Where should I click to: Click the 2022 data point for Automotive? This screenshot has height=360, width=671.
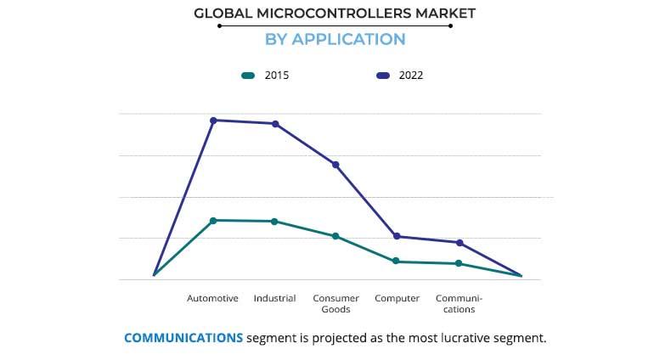coord(213,121)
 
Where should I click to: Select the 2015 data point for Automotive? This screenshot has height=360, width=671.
coord(213,221)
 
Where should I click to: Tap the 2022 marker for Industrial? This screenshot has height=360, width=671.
coord(274,124)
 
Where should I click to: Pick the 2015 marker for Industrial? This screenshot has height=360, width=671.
coord(274,222)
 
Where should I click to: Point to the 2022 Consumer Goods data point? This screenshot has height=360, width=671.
coord(335,165)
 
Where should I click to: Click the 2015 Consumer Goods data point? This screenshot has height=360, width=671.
coord(335,236)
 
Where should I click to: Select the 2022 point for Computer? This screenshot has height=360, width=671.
coord(397,236)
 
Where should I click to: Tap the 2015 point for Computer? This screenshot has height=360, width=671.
coord(397,262)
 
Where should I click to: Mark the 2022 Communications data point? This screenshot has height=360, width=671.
coord(460,243)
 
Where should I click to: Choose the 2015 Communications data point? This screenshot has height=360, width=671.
coord(459,263)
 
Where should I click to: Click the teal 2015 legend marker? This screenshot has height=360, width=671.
coord(248,76)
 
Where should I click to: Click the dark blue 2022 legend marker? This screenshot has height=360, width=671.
coord(383,76)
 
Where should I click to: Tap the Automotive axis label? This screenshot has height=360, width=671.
coord(212,298)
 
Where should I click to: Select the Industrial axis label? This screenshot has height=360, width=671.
coord(274,298)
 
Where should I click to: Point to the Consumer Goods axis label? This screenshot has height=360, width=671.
coord(335,304)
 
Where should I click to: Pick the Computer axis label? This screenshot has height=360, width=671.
coord(397,298)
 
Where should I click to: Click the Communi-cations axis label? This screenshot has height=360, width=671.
coord(459,304)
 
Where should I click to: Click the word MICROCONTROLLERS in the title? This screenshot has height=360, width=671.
coord(335,13)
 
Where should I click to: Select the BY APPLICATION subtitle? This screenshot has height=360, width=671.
coord(335,39)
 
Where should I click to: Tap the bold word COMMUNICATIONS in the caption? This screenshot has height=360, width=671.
coord(183,338)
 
